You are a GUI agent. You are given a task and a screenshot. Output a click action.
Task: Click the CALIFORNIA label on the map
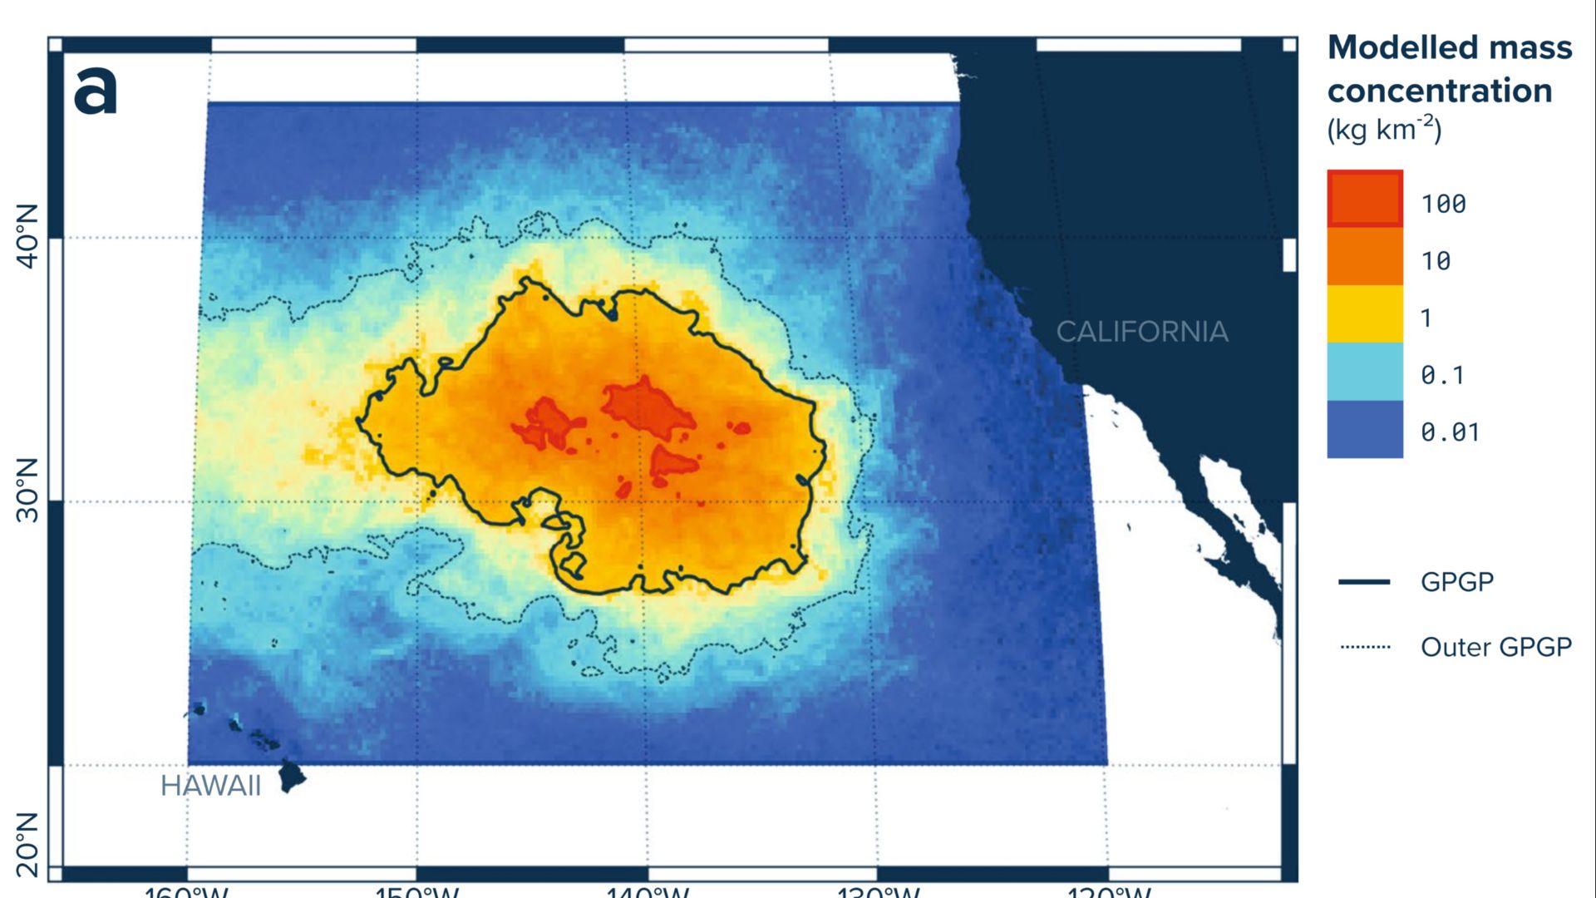[1142, 332]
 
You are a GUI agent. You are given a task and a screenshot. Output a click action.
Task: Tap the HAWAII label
[210, 786]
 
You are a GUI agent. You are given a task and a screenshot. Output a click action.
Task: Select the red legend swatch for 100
[1365, 199]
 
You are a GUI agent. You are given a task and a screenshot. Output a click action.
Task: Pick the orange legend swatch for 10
[1365, 257]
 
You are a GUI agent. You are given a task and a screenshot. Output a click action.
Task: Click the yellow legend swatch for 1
[1365, 314]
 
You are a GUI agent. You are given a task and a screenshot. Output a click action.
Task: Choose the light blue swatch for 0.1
[1365, 372]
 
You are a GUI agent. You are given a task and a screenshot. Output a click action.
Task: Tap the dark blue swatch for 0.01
[1365, 429]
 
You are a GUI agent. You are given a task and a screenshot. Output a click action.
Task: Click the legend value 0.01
[1450, 432]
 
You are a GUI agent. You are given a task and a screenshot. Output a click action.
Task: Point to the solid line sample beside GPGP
[1364, 582]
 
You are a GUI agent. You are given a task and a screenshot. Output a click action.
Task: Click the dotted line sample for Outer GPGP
[1365, 647]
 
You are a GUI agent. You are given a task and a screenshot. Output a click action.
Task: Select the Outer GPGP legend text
[1496, 647]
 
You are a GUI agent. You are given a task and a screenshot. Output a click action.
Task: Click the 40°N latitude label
[27, 236]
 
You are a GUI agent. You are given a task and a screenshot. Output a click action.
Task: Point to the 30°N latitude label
[27, 490]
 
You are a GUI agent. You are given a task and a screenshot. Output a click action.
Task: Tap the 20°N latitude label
[27, 844]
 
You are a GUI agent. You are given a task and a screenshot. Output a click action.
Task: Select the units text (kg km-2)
[1384, 130]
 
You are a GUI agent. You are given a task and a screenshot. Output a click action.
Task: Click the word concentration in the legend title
[1440, 91]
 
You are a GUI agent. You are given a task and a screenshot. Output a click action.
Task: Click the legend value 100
[1443, 204]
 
